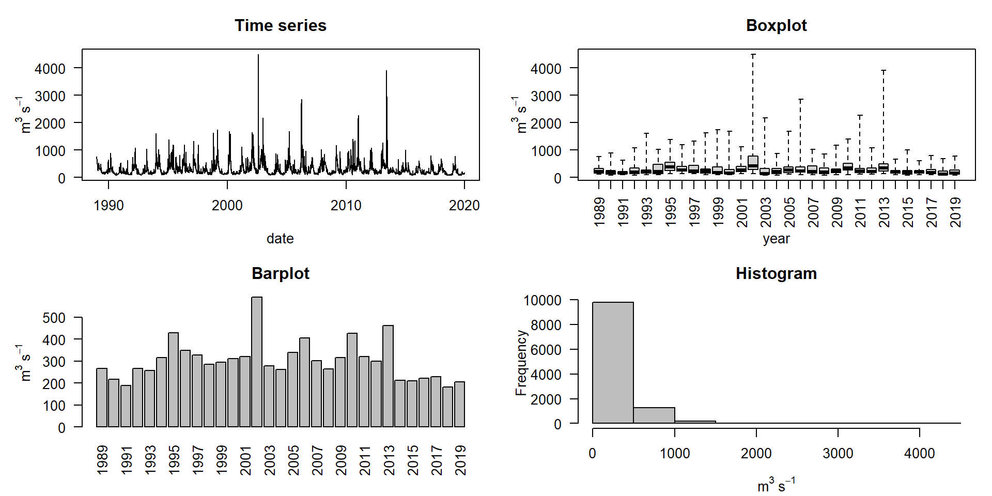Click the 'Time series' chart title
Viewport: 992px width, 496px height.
tap(281, 26)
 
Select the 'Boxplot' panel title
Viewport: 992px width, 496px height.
tap(776, 26)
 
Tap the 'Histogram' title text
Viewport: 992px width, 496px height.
tap(776, 273)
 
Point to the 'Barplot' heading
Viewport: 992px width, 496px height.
tap(281, 273)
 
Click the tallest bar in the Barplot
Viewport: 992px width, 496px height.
tap(257, 362)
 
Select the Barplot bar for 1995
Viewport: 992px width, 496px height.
tap(174, 380)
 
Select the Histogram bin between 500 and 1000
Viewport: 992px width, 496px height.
tap(654, 415)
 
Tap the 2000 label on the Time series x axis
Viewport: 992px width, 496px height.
tap(227, 206)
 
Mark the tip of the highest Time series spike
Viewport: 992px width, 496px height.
tap(258, 55)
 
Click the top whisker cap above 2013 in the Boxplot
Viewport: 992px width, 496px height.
tap(884, 71)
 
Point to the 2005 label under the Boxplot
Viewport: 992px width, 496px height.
tap(789, 212)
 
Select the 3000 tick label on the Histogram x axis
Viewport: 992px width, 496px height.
tap(838, 454)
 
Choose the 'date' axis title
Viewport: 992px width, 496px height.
tap(280, 239)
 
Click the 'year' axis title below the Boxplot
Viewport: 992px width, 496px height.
tap(776, 239)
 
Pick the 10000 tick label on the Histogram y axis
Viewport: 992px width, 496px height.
tap(542, 300)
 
